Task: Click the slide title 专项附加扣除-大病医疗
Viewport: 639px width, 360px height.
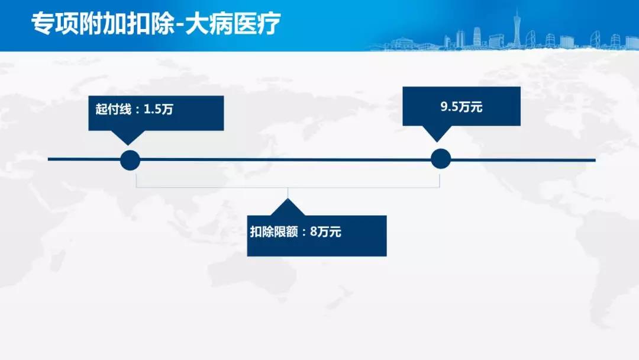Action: point(156,23)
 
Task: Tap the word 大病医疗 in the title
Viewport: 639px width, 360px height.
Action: point(233,23)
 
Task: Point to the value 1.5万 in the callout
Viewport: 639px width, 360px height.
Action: point(159,110)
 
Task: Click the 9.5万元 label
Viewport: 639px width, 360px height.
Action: point(461,107)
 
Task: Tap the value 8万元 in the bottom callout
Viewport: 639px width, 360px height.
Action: point(325,232)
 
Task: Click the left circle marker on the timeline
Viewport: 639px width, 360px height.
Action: point(130,160)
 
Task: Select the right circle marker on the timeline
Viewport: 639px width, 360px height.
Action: point(441,159)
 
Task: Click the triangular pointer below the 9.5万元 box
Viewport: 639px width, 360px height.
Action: point(437,134)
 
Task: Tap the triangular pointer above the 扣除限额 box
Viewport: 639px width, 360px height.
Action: point(288,207)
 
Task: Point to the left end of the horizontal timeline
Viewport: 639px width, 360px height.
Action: point(49,159)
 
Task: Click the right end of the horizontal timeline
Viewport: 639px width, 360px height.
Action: point(595,160)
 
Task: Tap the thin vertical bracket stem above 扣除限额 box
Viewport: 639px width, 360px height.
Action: point(288,193)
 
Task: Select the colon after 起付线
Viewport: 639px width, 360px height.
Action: point(137,110)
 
